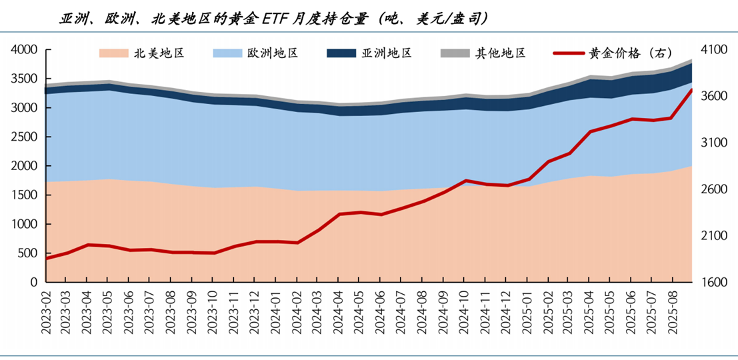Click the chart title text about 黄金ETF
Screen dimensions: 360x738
273,19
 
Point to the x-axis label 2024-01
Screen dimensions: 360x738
275,309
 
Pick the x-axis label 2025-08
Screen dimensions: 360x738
671,309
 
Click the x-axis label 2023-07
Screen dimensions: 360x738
151,309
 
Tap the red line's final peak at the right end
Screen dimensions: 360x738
691,89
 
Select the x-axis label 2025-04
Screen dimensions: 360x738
588,309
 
